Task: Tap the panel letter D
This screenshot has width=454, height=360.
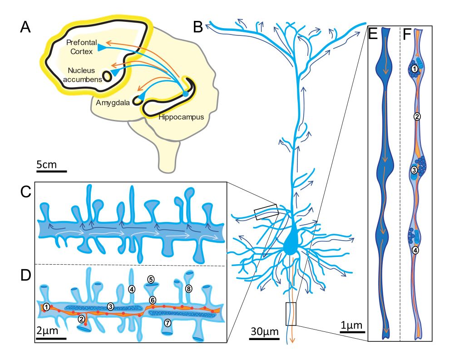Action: click(25, 275)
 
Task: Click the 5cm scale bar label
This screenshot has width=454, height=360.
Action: click(47, 164)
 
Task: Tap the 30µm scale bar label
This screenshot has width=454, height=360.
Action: click(264, 331)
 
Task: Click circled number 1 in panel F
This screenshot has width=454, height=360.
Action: click(415, 69)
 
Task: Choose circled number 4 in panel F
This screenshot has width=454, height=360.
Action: click(415, 249)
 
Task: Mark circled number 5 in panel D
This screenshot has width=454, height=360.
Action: click(150, 279)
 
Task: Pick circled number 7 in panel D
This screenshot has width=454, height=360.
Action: click(168, 323)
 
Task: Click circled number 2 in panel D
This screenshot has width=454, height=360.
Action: click(81, 319)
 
